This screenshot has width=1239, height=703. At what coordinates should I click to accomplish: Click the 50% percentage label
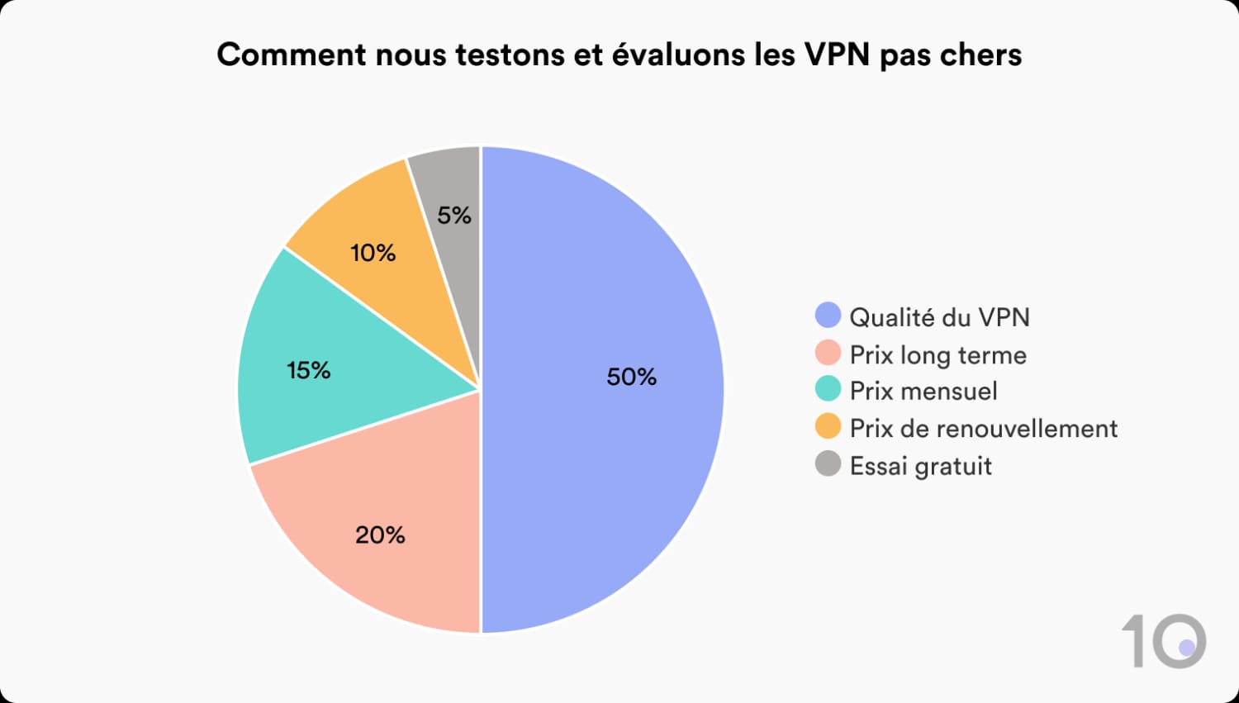[x=632, y=377]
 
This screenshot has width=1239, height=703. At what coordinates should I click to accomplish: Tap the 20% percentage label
[x=380, y=535]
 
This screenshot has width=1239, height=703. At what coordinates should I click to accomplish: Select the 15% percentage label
[x=309, y=370]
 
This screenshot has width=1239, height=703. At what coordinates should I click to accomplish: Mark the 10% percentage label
[x=373, y=253]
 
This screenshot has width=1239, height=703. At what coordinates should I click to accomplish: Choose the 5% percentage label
[x=454, y=216]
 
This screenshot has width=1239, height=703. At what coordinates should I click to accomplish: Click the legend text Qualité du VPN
[x=939, y=317]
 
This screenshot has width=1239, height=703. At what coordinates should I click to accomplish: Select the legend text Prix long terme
[x=938, y=355]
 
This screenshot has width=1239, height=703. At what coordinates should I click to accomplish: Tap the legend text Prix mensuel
[x=923, y=391]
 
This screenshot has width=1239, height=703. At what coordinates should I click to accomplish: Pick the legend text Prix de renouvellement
[x=983, y=428]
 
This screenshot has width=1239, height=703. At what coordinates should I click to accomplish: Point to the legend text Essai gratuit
[x=920, y=466]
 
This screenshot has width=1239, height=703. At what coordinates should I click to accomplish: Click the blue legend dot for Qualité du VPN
[x=828, y=316]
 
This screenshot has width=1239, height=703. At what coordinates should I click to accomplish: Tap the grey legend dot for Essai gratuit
[x=828, y=464]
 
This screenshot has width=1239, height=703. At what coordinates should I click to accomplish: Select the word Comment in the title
[x=292, y=55]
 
